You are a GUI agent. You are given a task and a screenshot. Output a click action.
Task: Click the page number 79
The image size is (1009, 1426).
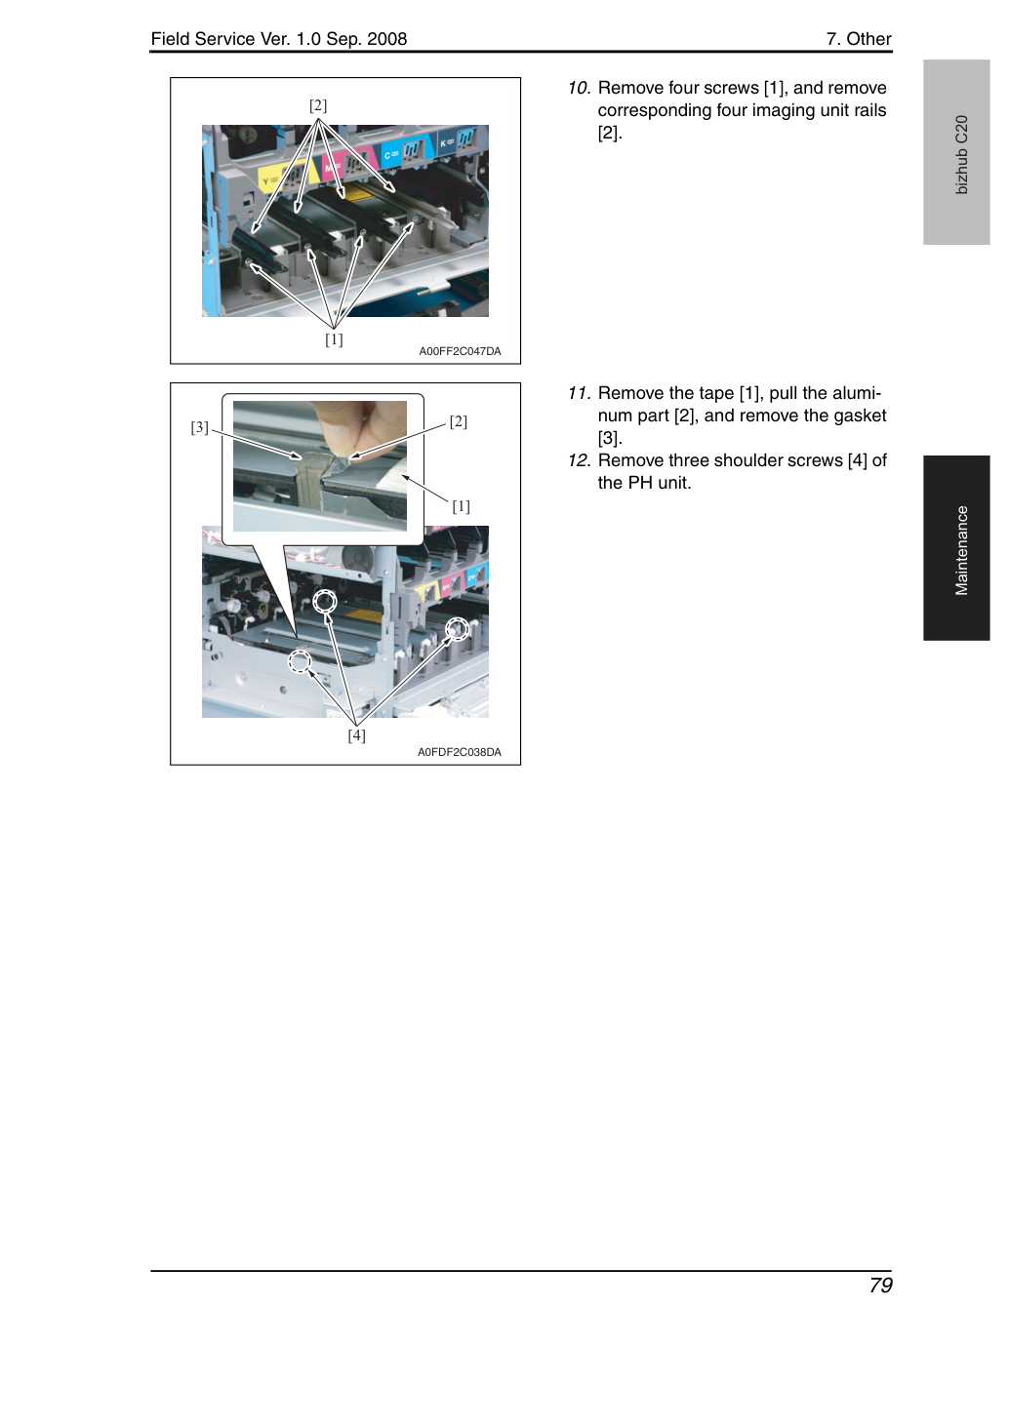pyautogui.click(x=880, y=1286)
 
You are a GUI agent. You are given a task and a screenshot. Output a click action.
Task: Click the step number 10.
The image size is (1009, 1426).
pyautogui.click(x=580, y=88)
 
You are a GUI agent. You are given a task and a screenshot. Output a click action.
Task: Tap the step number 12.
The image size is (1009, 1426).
pyautogui.click(x=580, y=460)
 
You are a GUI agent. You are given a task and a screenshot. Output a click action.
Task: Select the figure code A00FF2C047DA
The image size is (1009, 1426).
pyautogui.click(x=460, y=351)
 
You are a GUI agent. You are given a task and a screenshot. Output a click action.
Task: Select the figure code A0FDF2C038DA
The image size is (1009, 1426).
pyautogui.click(x=460, y=752)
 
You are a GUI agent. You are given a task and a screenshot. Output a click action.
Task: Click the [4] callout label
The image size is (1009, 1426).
pyautogui.click(x=357, y=735)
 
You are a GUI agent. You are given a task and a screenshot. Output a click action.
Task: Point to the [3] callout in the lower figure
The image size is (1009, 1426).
pyautogui.click(x=199, y=427)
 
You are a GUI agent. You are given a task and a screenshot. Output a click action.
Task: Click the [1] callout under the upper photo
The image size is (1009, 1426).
pyautogui.click(x=334, y=339)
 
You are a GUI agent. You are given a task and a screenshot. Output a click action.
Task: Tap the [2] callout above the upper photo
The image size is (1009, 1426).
pyautogui.click(x=318, y=105)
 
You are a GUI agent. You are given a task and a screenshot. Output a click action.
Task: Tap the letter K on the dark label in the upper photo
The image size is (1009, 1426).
pyautogui.click(x=443, y=144)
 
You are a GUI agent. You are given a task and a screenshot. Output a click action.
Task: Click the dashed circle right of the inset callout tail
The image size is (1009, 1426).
pyautogui.click(x=325, y=601)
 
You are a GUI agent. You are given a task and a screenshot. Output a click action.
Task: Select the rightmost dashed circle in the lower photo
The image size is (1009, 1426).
pyautogui.click(x=457, y=629)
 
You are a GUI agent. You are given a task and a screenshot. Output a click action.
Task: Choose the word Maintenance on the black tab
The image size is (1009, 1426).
pyautogui.click(x=961, y=551)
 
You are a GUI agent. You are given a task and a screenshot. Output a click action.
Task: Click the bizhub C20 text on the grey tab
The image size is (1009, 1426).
pyautogui.click(x=961, y=155)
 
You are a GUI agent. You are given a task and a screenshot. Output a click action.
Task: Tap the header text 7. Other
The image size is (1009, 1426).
pyautogui.click(x=859, y=39)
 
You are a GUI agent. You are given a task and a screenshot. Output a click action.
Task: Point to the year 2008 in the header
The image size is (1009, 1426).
pyautogui.click(x=386, y=39)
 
